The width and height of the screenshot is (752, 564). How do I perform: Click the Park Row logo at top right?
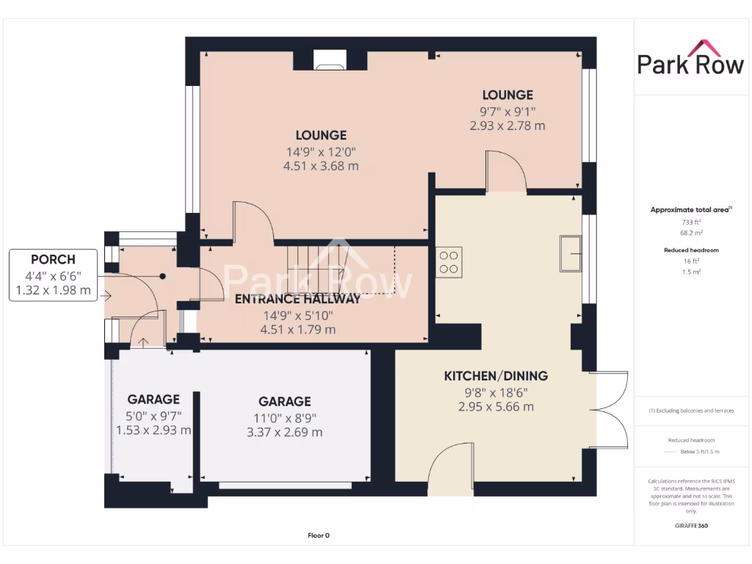point(690,59)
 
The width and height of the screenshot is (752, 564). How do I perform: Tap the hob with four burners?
point(450,262)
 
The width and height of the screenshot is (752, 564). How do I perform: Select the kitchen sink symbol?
point(571,245)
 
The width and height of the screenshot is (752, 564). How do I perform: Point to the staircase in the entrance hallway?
point(316,268)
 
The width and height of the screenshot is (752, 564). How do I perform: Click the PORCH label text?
point(53,260)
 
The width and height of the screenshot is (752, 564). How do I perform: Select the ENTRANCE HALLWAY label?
point(297,299)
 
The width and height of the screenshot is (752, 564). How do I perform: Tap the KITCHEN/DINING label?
point(496,376)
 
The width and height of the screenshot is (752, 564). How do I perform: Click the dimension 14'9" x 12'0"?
point(321,151)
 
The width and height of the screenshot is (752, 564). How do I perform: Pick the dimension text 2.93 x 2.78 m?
point(507,126)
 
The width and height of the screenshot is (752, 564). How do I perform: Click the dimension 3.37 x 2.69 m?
point(284,432)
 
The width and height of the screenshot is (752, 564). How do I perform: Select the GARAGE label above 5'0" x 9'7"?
point(153,399)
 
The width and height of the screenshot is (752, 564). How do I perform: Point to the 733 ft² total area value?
point(690,221)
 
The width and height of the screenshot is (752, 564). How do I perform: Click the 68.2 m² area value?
point(690,232)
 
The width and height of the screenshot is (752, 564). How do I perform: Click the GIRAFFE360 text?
point(690,526)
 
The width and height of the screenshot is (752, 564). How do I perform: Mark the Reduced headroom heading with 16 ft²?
point(690,250)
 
